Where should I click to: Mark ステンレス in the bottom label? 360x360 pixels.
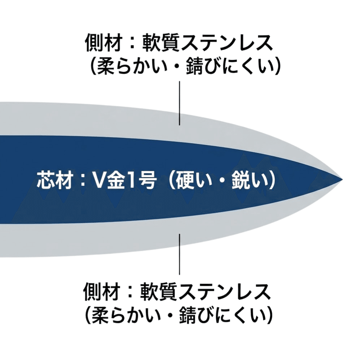(x=226, y=293)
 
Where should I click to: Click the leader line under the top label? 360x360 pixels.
(x=180, y=103)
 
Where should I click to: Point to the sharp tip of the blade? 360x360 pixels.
(x=342, y=179)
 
